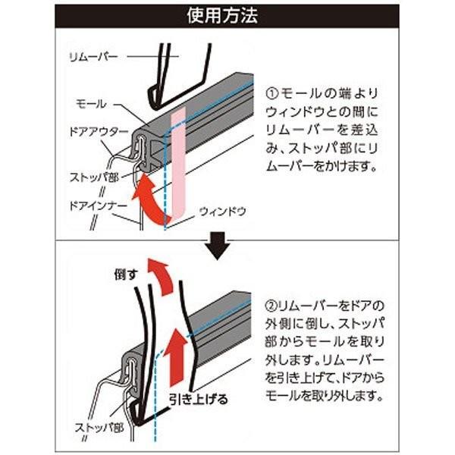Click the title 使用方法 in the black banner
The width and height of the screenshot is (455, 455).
coord(227,16)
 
